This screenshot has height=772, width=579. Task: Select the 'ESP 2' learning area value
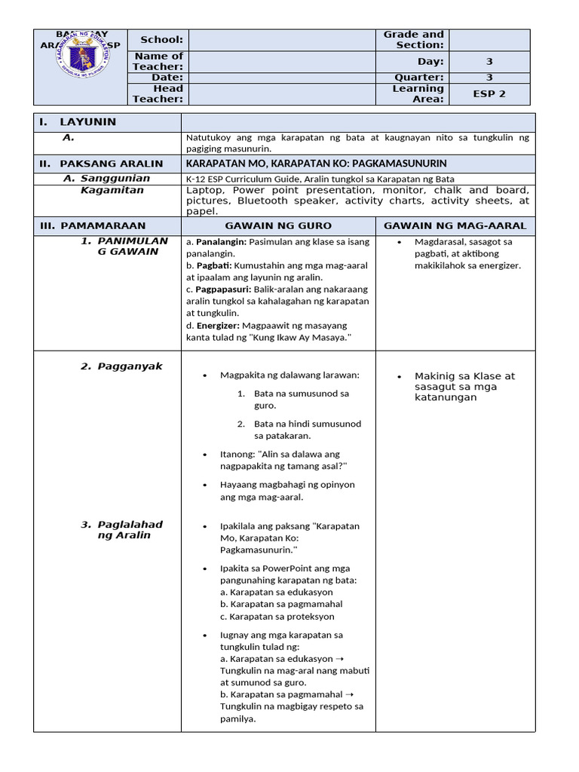[489, 93]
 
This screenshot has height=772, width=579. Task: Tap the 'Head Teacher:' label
[158, 93]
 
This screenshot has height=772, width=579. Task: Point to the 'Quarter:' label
[419, 77]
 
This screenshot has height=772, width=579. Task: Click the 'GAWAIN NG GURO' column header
[278, 225]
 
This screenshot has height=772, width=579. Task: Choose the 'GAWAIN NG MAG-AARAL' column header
[455, 225]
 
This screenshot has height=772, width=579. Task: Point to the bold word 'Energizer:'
[217, 325]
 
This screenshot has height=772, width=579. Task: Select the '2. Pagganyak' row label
[121, 366]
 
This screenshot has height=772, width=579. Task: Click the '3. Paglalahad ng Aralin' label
[121, 530]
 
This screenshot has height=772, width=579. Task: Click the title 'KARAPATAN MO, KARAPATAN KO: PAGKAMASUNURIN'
[317, 163]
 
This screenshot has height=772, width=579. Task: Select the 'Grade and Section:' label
[414, 39]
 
